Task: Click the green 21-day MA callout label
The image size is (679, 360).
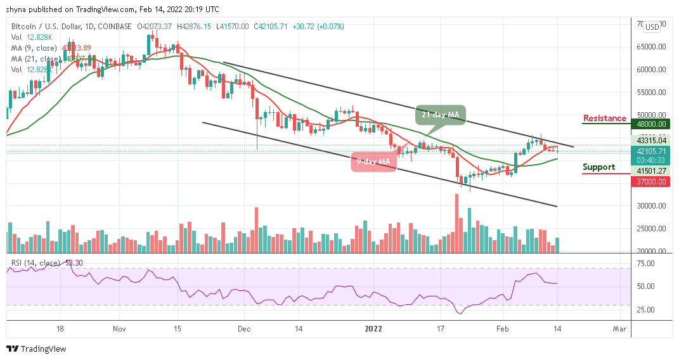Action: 441,115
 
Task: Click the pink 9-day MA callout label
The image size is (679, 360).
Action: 374,161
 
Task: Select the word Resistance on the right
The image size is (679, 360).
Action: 605,119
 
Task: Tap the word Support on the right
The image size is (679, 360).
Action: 599,167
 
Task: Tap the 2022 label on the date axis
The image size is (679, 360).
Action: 373,330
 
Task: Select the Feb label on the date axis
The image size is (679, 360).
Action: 503,330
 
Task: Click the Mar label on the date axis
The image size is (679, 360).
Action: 619,330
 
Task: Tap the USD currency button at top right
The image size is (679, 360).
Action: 651,27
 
